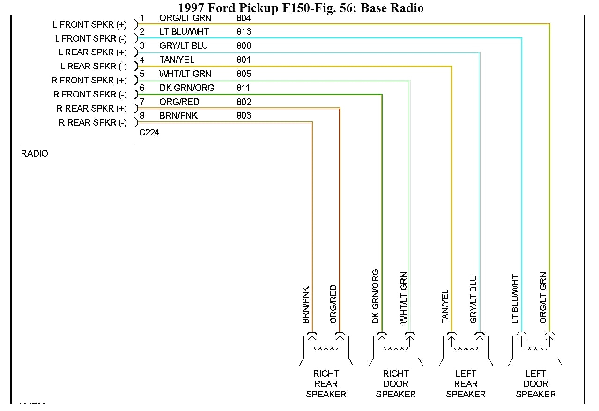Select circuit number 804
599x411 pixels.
coord(244,18)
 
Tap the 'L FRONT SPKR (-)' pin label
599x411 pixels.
coord(91,38)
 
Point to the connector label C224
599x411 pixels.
coord(149,133)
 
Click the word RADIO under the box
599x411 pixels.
coord(35,154)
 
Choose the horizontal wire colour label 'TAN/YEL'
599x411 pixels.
coord(177,60)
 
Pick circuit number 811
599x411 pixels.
coord(244,88)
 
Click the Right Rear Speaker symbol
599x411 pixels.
coord(326,350)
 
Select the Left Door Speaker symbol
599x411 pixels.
coord(535,350)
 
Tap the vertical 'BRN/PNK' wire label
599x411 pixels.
coord(306,305)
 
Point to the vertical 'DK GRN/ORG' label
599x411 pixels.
coord(376,296)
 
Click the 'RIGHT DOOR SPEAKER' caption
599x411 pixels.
coord(396,384)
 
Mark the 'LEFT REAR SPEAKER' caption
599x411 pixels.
coord(466,384)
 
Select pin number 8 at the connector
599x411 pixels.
coord(142,115)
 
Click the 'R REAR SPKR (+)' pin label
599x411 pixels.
coord(92,109)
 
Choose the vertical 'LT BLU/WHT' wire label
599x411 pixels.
coord(515,299)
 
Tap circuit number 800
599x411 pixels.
coord(244,45)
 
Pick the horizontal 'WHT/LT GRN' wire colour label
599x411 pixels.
coord(185,74)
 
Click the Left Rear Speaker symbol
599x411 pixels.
coord(466,350)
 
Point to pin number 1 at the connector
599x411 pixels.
coord(142,18)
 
